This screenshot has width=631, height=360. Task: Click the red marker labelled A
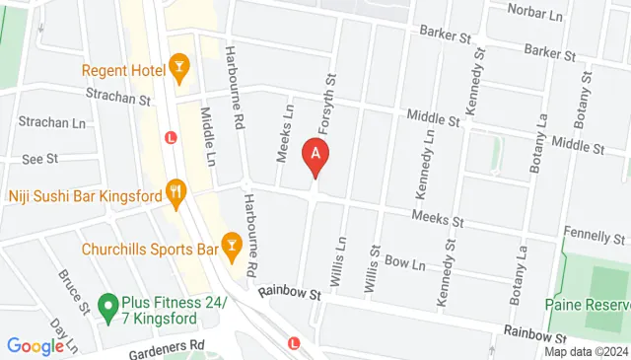[315, 156]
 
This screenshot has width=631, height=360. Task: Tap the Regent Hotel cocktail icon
[179, 68]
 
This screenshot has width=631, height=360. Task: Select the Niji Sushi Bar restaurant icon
[175, 193]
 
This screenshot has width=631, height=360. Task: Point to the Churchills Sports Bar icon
[232, 245]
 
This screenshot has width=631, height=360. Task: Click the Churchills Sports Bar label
[149, 249]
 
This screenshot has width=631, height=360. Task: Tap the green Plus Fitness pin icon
[107, 310]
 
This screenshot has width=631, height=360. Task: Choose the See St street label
[40, 158]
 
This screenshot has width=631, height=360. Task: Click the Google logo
[35, 345]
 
